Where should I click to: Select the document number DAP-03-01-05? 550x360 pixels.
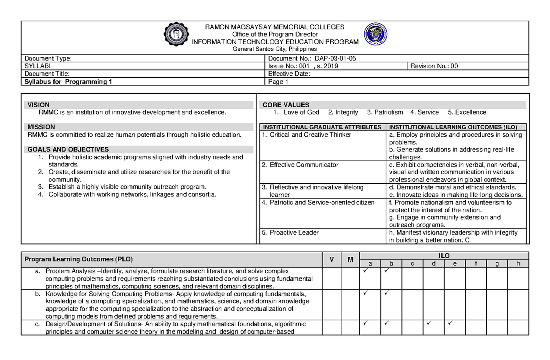(x=337, y=58)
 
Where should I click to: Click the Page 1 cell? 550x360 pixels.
(x=278, y=82)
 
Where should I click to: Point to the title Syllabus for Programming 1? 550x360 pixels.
(x=68, y=82)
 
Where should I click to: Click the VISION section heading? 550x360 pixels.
(x=38, y=105)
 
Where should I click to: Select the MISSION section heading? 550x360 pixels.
(x=41, y=127)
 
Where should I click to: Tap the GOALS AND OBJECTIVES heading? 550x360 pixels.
(x=68, y=150)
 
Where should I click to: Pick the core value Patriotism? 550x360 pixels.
(x=385, y=112)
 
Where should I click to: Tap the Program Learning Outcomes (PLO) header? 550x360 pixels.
(x=78, y=259)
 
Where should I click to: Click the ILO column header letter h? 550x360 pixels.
(x=518, y=263)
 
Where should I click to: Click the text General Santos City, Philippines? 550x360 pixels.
(x=275, y=49)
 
